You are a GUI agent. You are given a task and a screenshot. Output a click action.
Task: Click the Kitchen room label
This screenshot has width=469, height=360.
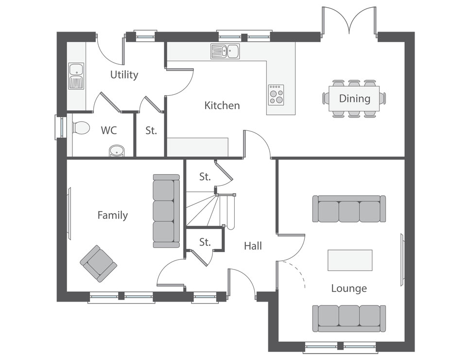(x=222, y=105)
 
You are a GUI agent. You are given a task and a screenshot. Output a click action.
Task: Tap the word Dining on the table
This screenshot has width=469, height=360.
(x=354, y=98)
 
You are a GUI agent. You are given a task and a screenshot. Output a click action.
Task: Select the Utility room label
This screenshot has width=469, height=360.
(x=124, y=75)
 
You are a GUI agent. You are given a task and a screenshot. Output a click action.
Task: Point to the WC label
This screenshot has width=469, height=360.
(x=109, y=130)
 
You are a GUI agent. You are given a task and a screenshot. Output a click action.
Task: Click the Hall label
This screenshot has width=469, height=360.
(x=253, y=246)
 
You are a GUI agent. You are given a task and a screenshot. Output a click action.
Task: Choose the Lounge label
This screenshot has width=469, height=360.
(x=348, y=288)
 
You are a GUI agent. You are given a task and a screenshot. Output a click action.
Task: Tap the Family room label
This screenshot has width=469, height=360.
(x=112, y=215)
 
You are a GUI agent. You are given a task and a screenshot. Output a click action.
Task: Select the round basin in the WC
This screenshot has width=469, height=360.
(x=116, y=151)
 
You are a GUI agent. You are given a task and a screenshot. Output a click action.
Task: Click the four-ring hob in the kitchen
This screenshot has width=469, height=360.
(x=276, y=94)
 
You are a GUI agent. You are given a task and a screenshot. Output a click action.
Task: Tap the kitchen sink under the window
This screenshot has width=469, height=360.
(x=225, y=51)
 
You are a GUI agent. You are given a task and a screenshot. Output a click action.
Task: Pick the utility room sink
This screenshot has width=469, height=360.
(x=76, y=76)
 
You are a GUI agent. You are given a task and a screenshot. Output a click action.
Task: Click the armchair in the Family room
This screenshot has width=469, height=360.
(x=99, y=263)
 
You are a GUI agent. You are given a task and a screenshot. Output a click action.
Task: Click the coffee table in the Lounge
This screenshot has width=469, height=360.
(x=350, y=260)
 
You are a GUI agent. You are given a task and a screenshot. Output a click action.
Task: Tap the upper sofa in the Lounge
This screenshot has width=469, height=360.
(x=348, y=208)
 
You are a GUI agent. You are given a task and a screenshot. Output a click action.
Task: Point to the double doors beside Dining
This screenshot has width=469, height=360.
(x=348, y=22)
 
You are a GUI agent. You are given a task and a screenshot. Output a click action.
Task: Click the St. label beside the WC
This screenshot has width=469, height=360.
(x=151, y=130)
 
